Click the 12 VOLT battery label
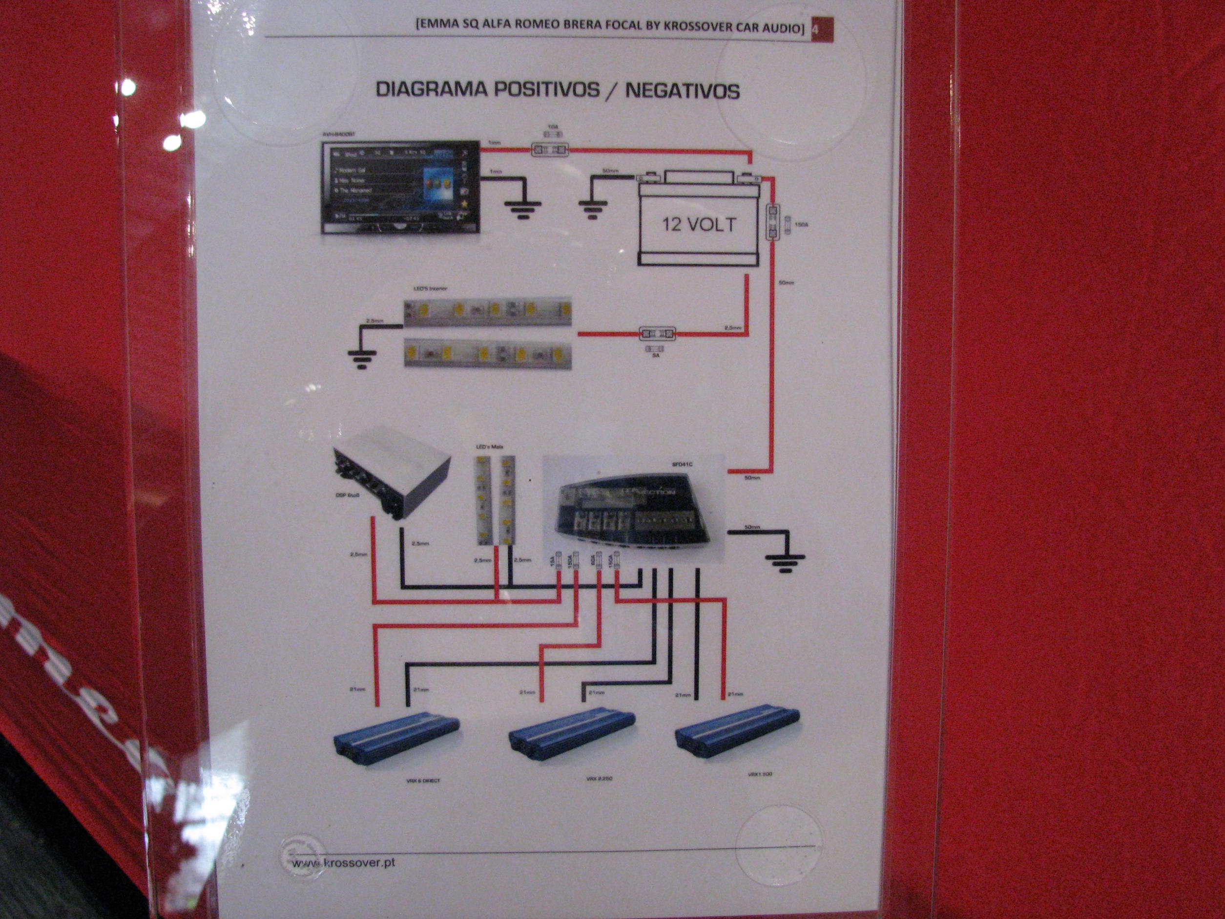coord(699,224)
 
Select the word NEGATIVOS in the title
coord(682,91)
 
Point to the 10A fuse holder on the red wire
coord(549,149)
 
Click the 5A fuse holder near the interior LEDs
coord(657,334)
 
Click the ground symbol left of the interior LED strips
coord(363,359)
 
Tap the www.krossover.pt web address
coord(343,863)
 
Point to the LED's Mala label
coord(490,446)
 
